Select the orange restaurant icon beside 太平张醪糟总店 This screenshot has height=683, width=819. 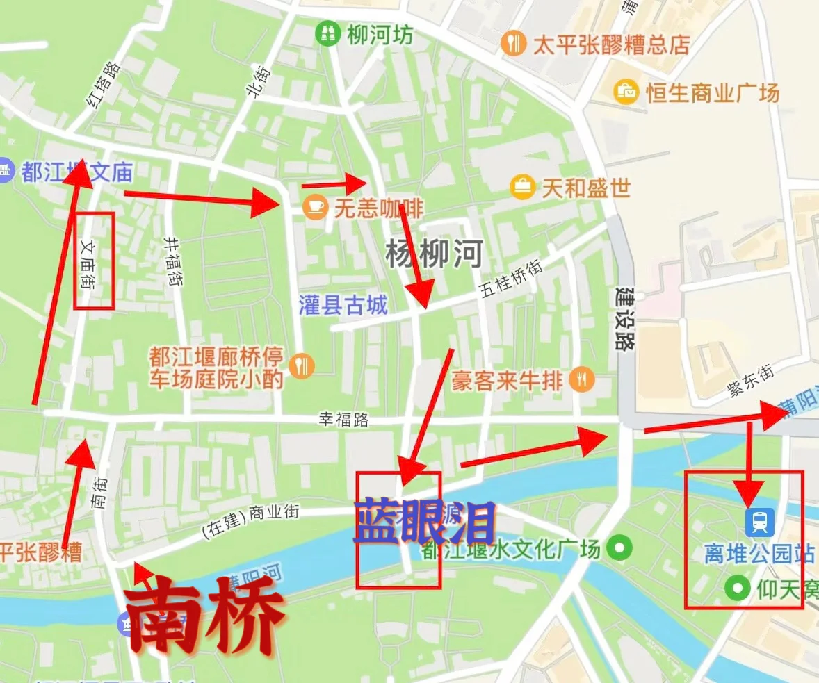[512, 44]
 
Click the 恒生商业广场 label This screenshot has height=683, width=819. [713, 92]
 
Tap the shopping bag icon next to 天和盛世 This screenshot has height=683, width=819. [521, 187]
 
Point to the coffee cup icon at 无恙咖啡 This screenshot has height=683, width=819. [315, 206]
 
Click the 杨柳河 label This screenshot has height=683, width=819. [434, 254]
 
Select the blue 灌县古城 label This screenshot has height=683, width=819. [343, 305]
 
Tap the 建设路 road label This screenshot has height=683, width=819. [625, 318]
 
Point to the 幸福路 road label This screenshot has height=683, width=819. [343, 419]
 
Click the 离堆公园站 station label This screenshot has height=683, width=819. [759, 554]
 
